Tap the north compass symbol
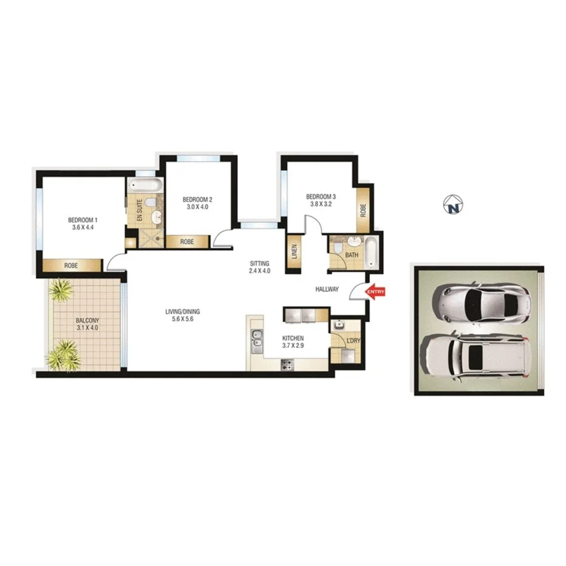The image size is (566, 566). point(452,206)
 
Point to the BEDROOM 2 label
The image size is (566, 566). point(197,199)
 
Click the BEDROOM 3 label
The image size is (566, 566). point(320,196)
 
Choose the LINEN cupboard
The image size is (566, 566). point(294,250)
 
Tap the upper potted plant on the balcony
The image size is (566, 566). point(61,291)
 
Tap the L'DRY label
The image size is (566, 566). point(353,341)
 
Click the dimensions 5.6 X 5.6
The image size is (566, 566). point(182,321)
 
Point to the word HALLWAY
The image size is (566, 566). point(326,290)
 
